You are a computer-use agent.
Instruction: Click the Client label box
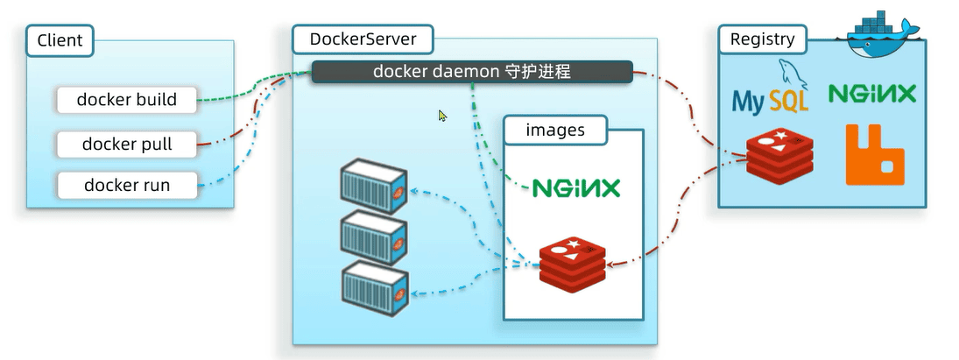pos(60,40)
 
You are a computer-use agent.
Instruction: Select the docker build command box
pos(126,100)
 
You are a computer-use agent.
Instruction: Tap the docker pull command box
pos(126,144)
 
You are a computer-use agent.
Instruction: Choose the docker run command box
pos(126,185)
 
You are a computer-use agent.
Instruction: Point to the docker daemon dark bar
pos(472,72)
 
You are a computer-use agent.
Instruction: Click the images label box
pos(555,131)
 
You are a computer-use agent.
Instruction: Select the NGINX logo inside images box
pos(576,188)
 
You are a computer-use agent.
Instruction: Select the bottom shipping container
pos(374,284)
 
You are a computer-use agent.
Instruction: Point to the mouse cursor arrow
pos(442,115)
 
